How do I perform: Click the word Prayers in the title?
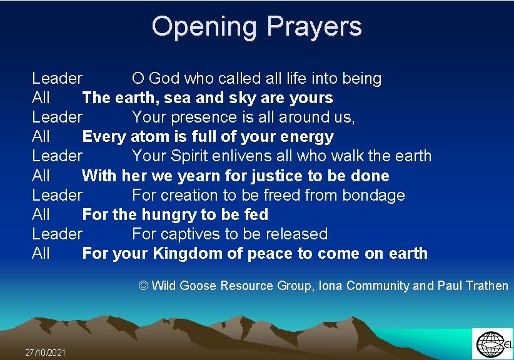[x=314, y=27]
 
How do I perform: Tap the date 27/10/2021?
[x=45, y=352]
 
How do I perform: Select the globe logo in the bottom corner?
[x=490, y=344]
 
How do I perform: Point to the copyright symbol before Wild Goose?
[x=143, y=286]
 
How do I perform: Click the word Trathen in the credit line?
[x=484, y=286]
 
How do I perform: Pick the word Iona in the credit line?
[x=330, y=286]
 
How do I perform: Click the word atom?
[x=148, y=137]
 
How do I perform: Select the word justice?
[x=271, y=176]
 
